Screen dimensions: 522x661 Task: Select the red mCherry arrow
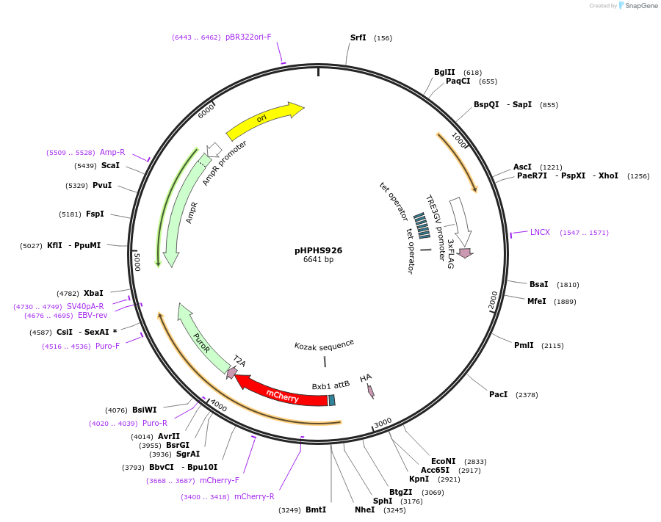click(x=283, y=393)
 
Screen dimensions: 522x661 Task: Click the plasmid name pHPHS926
click(x=318, y=250)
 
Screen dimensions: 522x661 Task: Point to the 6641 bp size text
click(x=318, y=260)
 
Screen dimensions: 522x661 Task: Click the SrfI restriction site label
click(x=358, y=37)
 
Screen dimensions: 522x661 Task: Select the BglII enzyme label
click(x=444, y=72)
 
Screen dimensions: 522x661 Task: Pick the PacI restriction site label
click(x=498, y=394)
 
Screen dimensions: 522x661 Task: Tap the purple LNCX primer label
click(x=540, y=232)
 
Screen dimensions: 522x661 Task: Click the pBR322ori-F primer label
click(x=248, y=37)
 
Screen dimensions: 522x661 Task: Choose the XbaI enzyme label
click(x=93, y=293)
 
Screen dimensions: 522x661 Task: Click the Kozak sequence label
click(x=324, y=344)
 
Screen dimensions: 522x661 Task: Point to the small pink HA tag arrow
click(x=371, y=391)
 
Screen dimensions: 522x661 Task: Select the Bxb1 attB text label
click(x=330, y=385)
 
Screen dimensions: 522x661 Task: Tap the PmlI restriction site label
click(x=524, y=345)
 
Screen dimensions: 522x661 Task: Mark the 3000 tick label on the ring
click(x=383, y=424)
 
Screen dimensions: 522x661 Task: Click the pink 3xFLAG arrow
click(x=464, y=253)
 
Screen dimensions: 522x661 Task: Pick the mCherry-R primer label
click(x=254, y=496)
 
